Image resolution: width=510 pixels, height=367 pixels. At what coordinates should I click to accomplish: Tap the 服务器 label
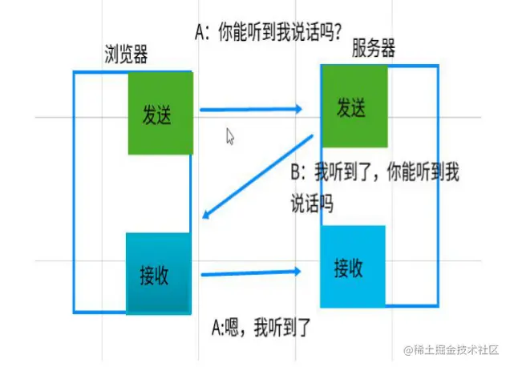click(374, 49)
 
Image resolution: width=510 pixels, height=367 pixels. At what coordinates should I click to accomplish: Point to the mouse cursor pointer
click(230, 136)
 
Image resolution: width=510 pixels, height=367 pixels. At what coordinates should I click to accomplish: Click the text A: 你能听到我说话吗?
click(269, 32)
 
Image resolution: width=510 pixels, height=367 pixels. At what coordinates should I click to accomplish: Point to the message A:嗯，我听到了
click(261, 326)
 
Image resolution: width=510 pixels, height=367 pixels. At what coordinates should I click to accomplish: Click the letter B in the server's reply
click(295, 171)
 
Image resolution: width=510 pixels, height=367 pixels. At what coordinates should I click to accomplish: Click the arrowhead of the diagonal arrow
click(207, 214)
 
